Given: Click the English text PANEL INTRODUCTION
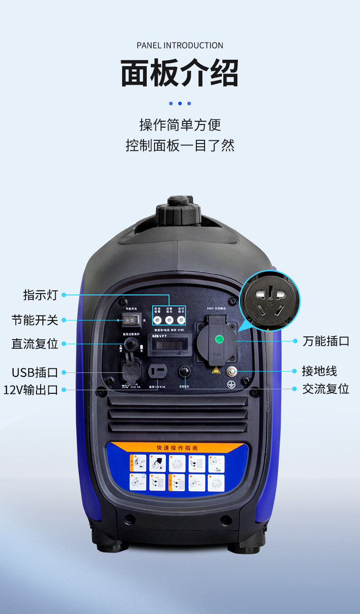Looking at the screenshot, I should click(180, 46).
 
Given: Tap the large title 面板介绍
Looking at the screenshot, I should click(180, 73).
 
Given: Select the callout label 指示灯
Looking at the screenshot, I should click(41, 295).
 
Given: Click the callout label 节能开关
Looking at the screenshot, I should click(35, 320).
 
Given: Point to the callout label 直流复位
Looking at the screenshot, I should click(35, 344).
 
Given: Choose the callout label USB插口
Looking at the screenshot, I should click(35, 372).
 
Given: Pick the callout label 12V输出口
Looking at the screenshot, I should click(31, 390).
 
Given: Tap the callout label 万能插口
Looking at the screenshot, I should click(326, 341).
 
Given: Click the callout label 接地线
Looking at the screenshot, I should click(319, 371).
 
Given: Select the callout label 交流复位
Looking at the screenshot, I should click(326, 389).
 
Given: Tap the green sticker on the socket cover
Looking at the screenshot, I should click(220, 339).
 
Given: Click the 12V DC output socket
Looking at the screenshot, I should click(158, 371).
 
